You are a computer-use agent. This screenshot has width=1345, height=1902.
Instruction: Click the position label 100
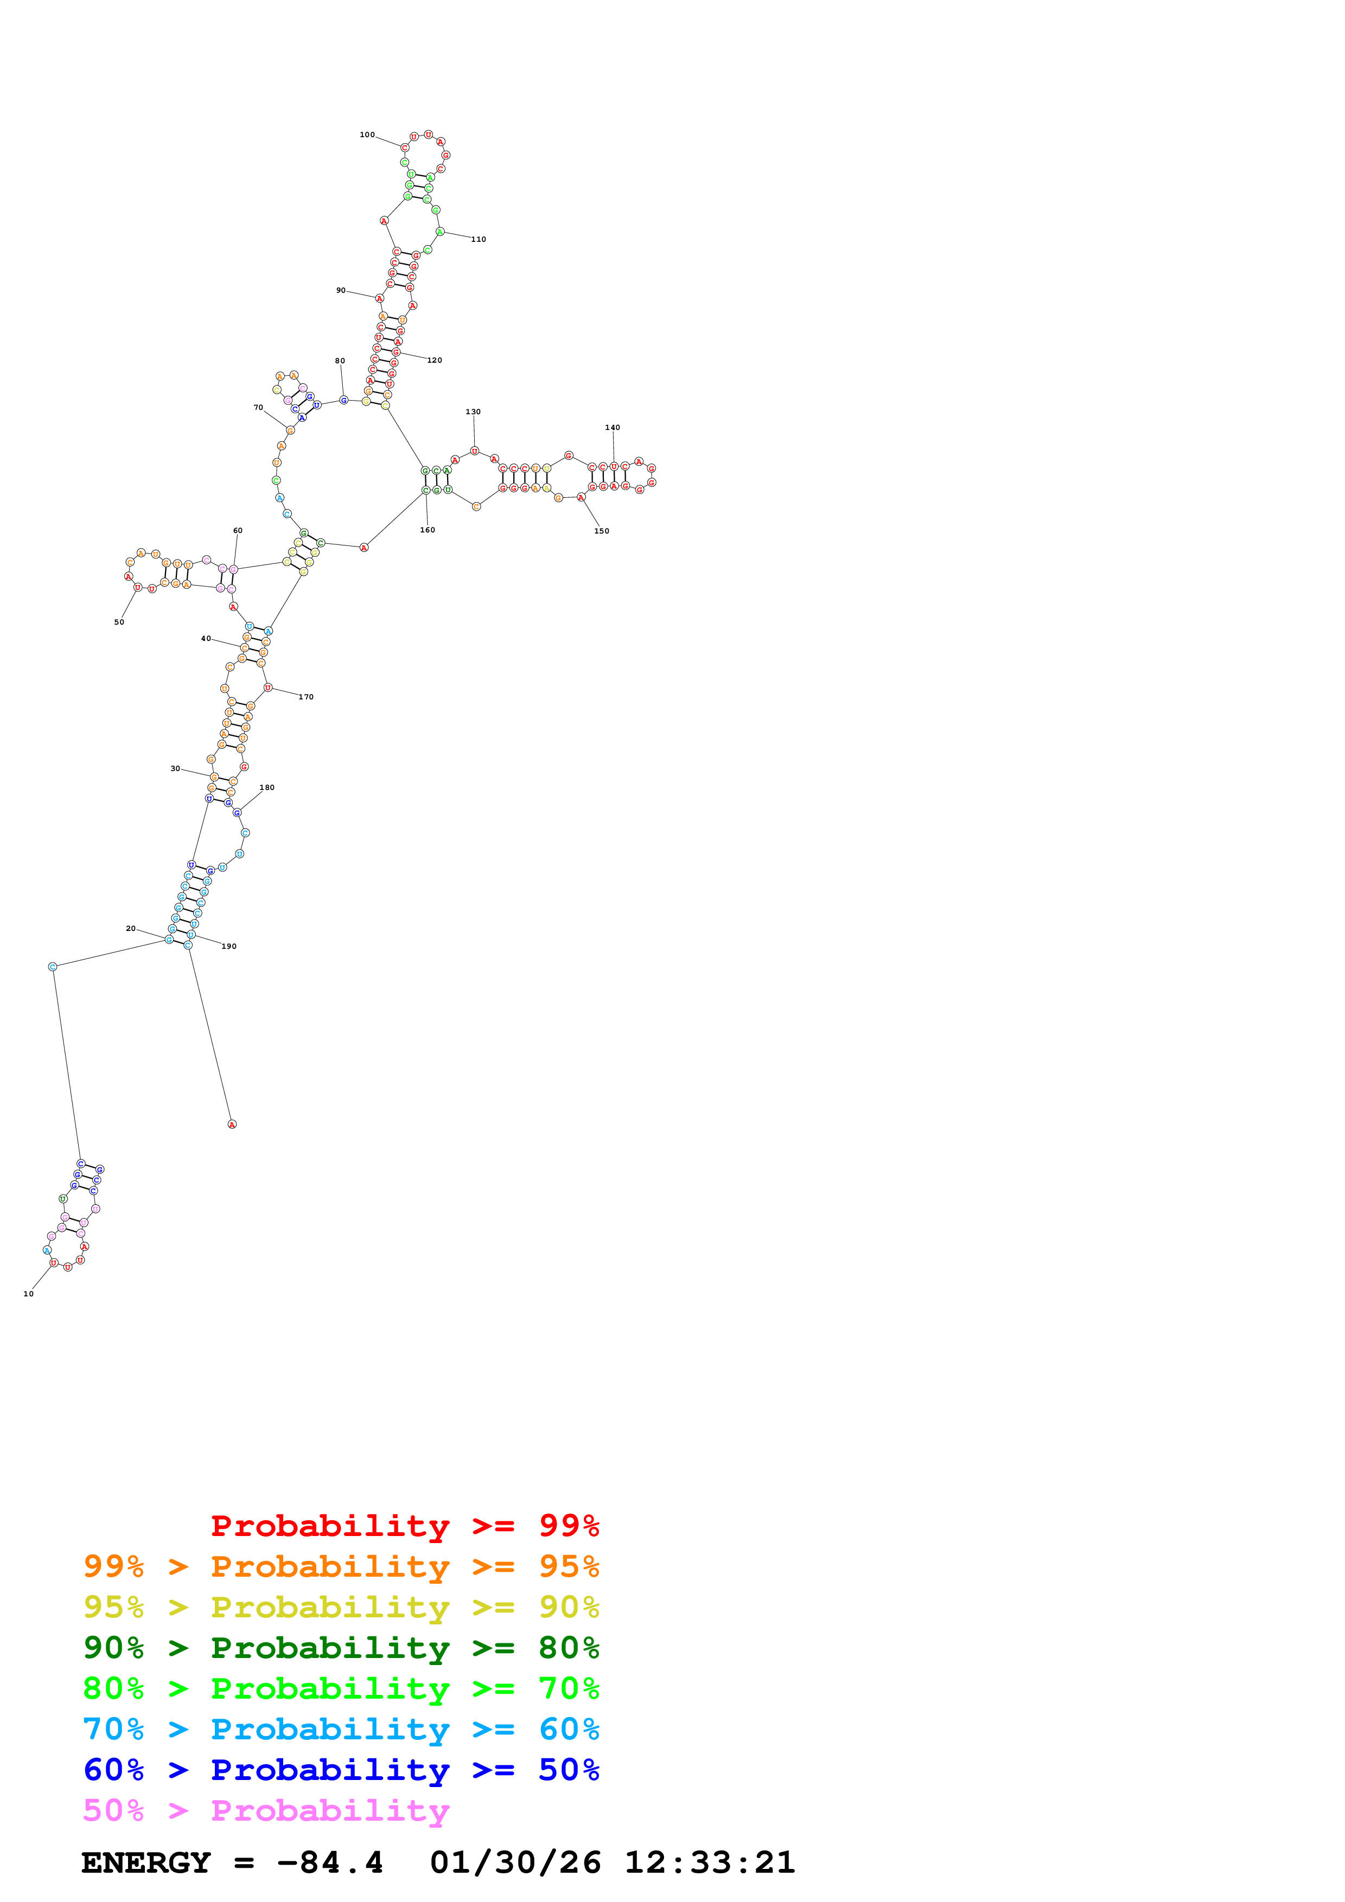click(x=367, y=135)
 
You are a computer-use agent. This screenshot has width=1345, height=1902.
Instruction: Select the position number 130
click(x=473, y=412)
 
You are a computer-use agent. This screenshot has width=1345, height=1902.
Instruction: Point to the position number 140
click(x=613, y=427)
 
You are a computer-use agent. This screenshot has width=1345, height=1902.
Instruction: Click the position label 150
click(x=602, y=531)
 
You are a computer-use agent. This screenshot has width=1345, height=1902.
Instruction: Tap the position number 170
click(x=307, y=697)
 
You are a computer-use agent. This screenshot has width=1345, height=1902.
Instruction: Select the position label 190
click(x=230, y=946)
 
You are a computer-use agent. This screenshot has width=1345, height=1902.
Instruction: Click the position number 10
click(x=29, y=1293)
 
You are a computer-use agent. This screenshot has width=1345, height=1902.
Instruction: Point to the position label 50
click(x=119, y=622)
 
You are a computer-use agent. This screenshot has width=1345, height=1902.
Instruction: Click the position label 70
click(x=259, y=408)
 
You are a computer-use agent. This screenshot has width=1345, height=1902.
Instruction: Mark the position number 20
click(x=131, y=929)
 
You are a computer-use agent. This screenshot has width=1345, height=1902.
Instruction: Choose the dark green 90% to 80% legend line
click(x=341, y=1648)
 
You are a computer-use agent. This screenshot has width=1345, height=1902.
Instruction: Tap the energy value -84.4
click(x=330, y=1862)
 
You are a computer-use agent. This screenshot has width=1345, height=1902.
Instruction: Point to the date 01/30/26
click(x=515, y=1862)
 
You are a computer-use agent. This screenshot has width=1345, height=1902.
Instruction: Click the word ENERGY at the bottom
click(x=146, y=1862)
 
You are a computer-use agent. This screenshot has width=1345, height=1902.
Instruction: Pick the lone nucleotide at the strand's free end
click(x=232, y=1124)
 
